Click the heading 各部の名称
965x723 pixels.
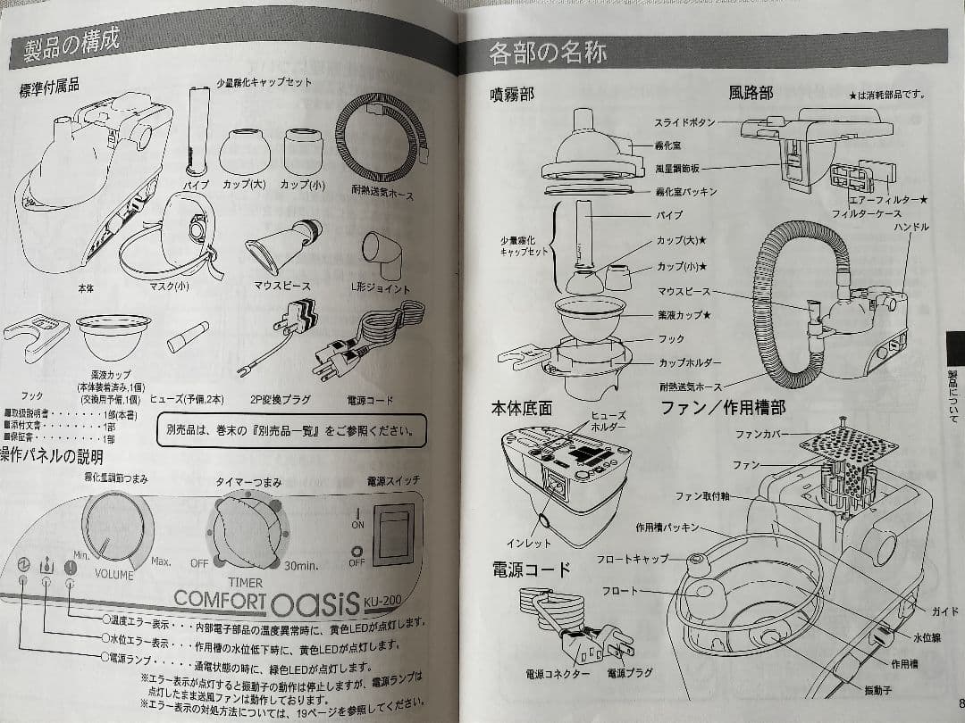(548, 54)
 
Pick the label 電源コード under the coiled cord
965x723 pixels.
(366, 401)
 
